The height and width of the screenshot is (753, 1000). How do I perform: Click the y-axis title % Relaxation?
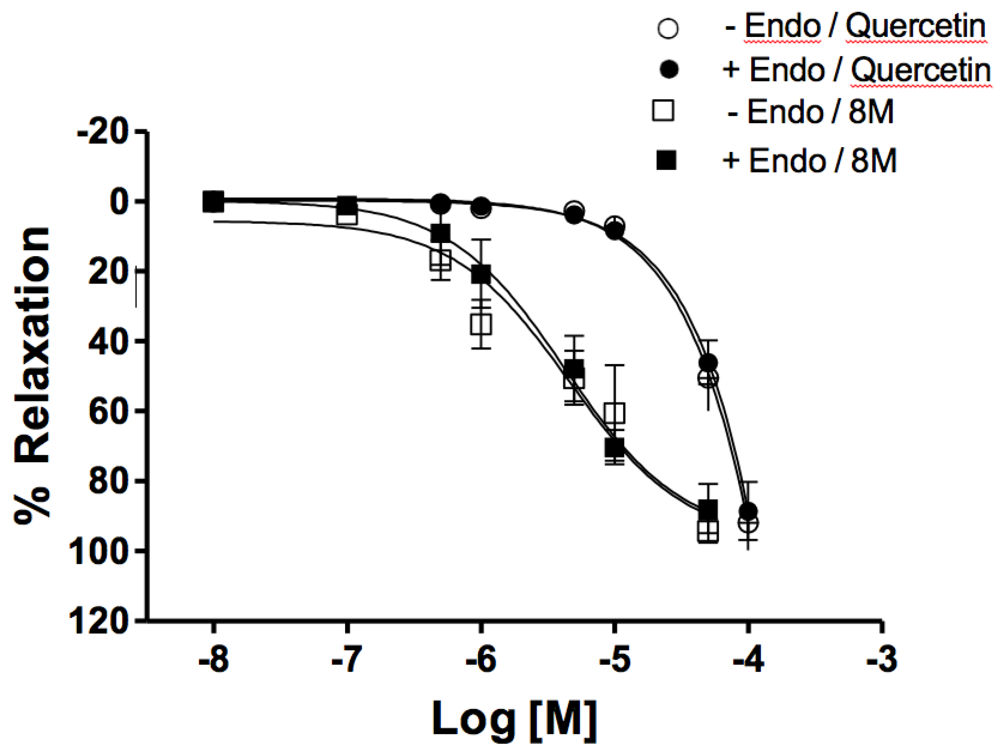point(32,376)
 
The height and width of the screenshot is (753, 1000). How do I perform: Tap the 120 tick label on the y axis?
point(102,623)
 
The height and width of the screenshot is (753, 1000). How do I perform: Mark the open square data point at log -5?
point(615,413)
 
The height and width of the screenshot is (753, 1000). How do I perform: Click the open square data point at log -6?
point(481,323)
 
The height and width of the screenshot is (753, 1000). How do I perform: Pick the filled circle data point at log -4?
point(748,511)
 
